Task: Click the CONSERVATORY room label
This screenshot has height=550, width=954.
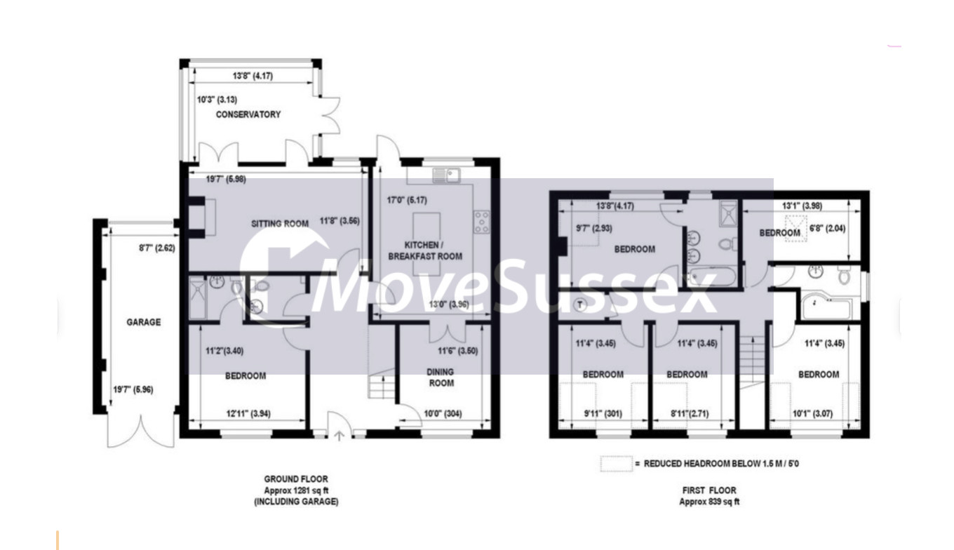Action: point(248,114)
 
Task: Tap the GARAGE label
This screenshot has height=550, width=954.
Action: point(144,323)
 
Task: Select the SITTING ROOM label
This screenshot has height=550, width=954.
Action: point(280,224)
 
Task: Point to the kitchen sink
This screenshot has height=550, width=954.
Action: point(446,175)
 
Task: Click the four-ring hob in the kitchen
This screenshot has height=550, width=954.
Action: point(482,222)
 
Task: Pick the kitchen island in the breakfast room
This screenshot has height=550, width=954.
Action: point(426,243)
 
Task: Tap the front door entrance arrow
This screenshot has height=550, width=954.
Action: point(339,436)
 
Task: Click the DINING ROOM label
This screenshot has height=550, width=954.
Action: point(441,377)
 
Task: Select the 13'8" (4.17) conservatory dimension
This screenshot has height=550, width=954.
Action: point(253,76)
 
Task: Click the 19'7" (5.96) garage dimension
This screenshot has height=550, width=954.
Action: point(133,390)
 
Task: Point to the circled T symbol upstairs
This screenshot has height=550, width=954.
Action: point(580,304)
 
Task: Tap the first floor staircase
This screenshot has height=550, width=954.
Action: point(753,362)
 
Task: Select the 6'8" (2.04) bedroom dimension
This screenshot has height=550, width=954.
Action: point(827,229)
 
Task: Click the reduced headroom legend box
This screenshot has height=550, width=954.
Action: point(617,464)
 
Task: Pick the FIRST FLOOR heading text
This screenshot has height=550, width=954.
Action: point(709,490)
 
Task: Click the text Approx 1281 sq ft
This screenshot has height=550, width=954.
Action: point(297,490)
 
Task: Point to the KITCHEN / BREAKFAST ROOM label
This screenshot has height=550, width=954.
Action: point(425,251)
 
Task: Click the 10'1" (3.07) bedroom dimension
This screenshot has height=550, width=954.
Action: point(812,414)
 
